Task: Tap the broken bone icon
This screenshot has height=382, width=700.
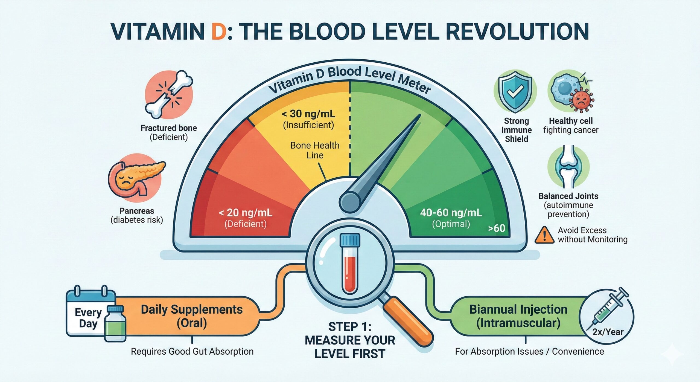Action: coord(169,94)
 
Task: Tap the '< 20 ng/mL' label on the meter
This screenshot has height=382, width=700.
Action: coord(245,213)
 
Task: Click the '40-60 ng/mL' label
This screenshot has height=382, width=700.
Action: coord(451,213)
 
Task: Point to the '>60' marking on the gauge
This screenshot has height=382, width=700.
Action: coord(497,228)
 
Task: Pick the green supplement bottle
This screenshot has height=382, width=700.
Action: coord(115,324)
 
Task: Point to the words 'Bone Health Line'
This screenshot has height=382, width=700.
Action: coord(315,150)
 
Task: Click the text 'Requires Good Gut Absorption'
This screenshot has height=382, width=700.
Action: coord(192,351)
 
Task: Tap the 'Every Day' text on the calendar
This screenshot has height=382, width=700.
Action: coord(88,318)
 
